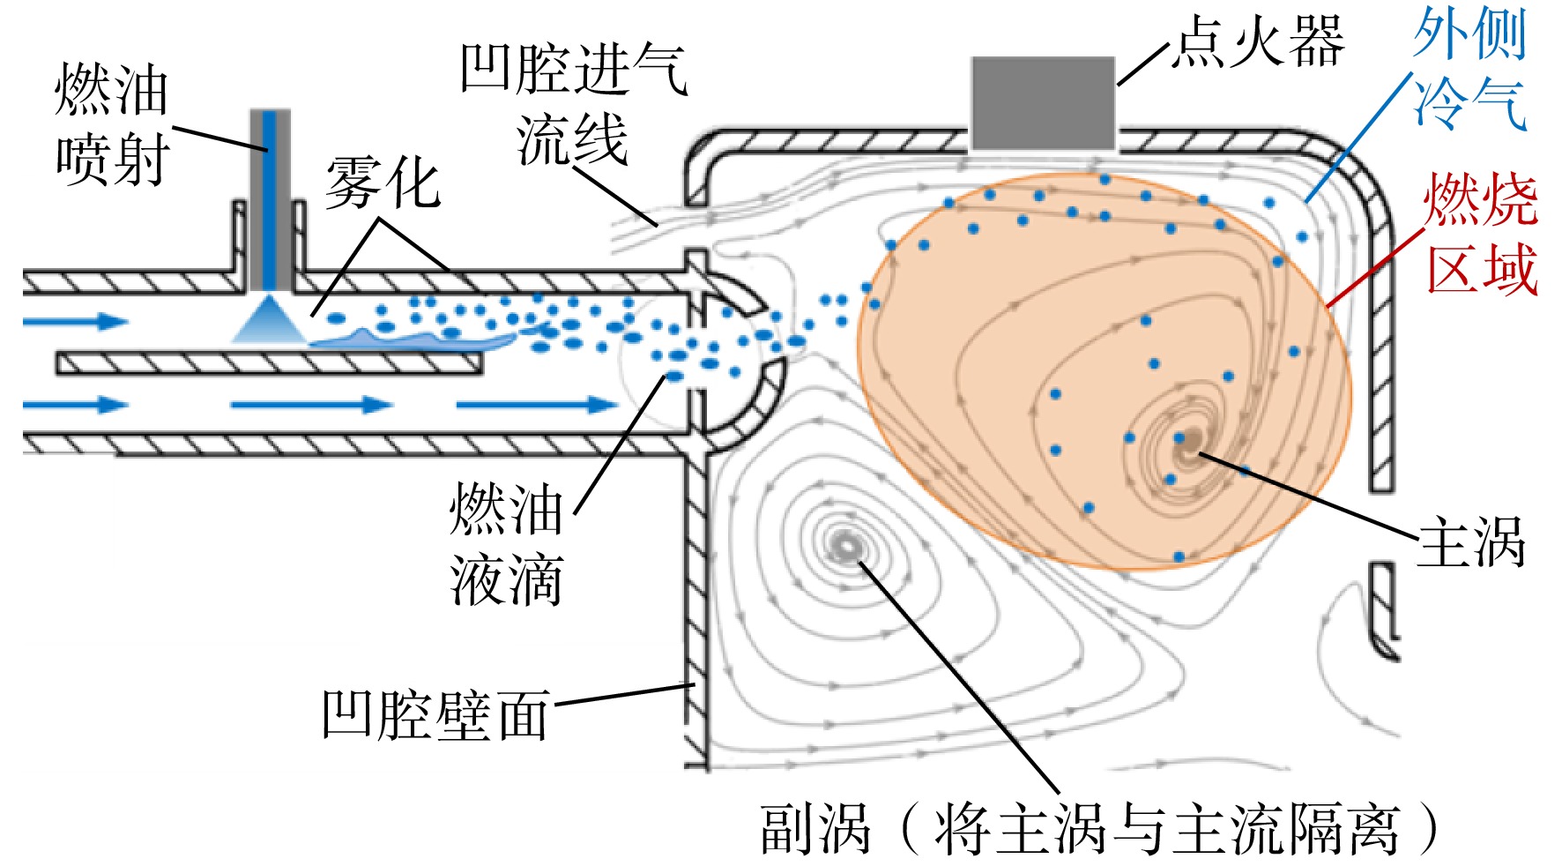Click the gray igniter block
(1043, 104)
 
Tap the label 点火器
(1260, 41)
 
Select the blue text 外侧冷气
(1469, 68)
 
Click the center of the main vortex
(1187, 440)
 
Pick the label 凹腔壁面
(435, 714)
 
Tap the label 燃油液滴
(506, 543)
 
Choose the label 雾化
(382, 183)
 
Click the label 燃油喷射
(111, 123)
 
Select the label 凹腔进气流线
(573, 104)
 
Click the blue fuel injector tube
(270, 199)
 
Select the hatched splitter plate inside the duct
(270, 362)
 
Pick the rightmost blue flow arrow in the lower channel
(538, 405)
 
